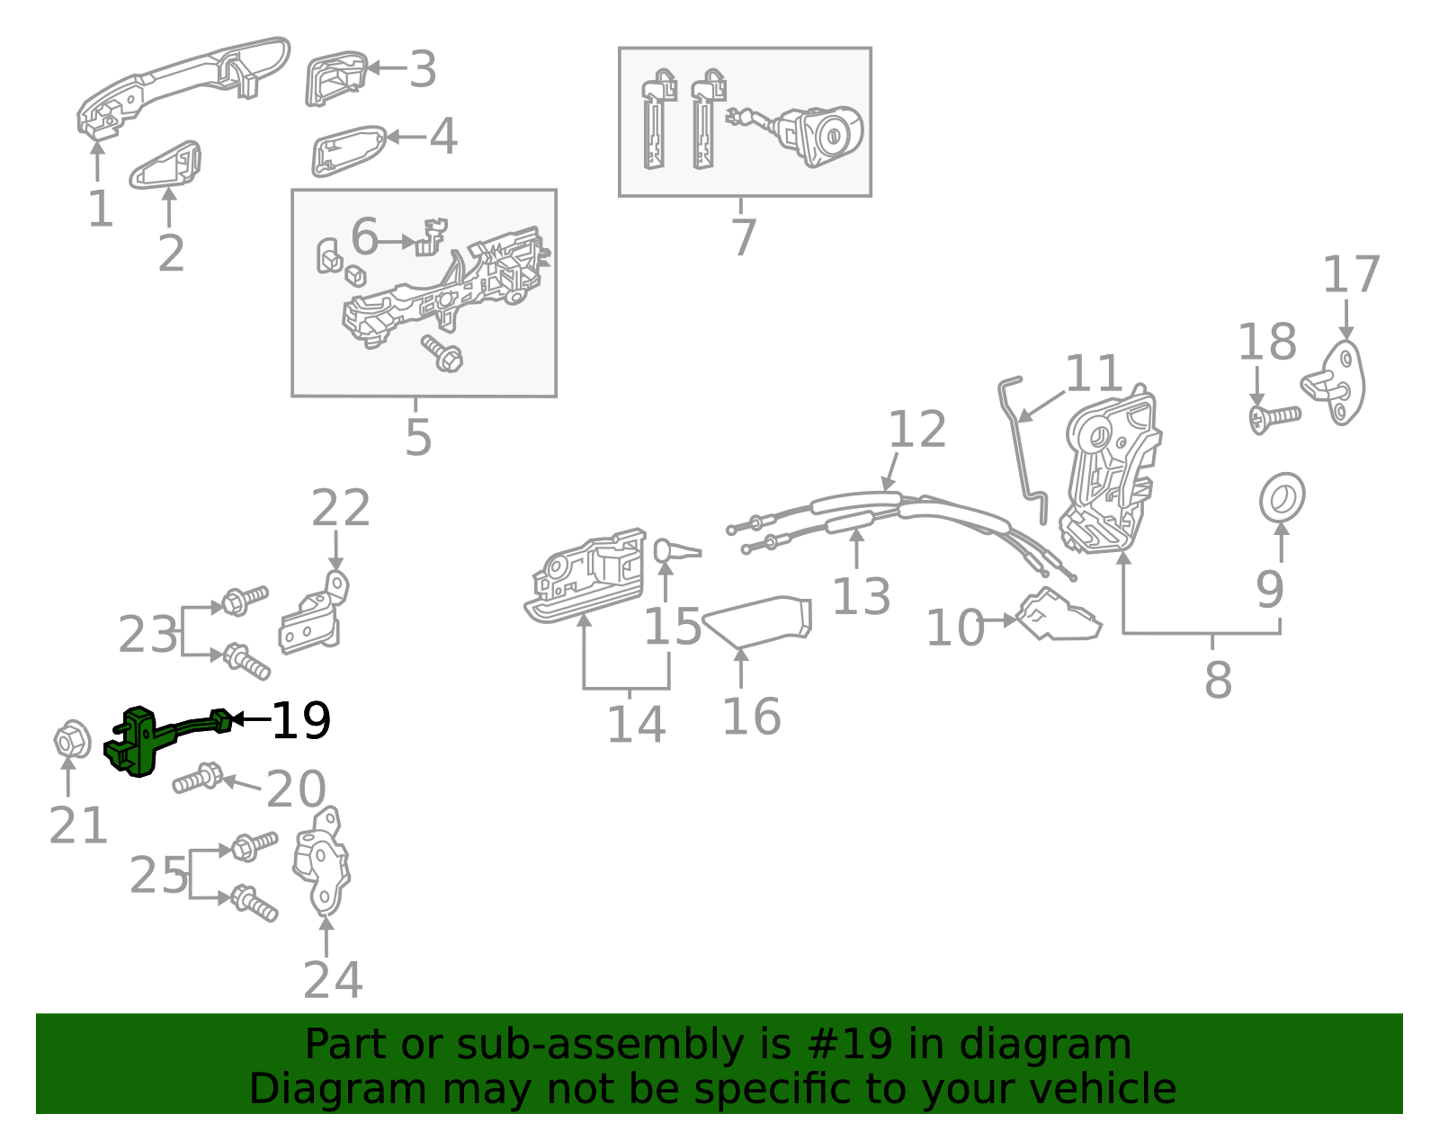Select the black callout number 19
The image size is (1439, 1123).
point(301,721)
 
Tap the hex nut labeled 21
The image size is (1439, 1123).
point(71,741)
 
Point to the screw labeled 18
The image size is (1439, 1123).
point(1274,418)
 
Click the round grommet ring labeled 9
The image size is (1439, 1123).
point(1282,497)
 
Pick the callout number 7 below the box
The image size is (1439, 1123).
point(743,238)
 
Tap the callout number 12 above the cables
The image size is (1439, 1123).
point(917,430)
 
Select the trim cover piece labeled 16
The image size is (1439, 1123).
point(760,619)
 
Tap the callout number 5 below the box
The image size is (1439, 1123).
point(418,438)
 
